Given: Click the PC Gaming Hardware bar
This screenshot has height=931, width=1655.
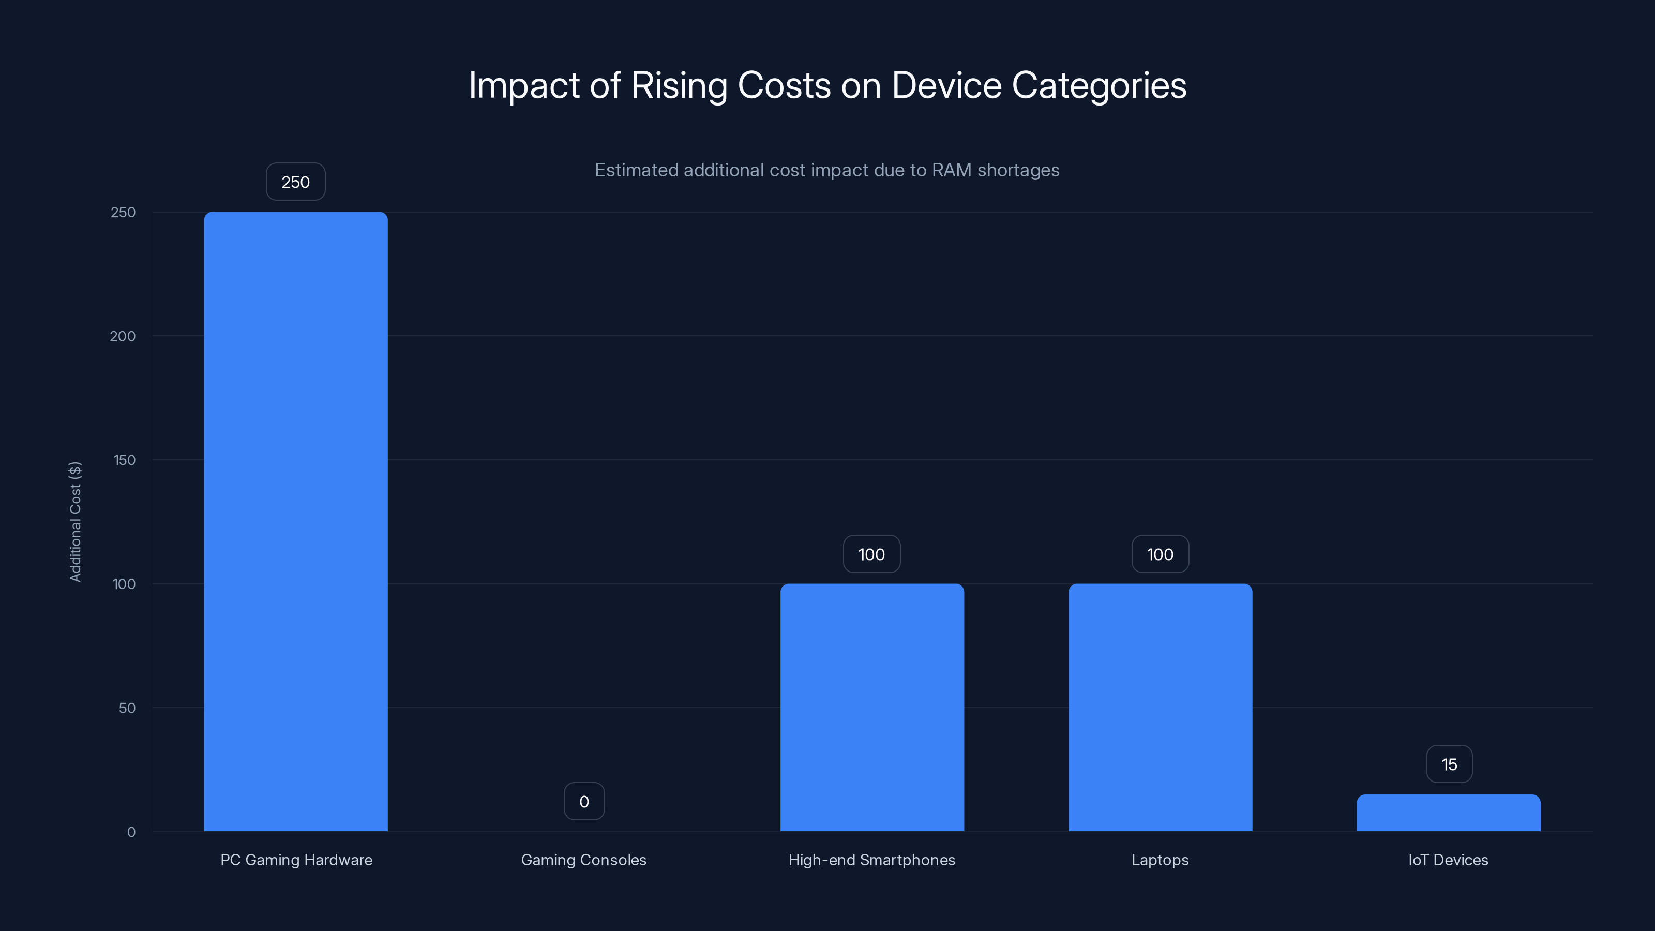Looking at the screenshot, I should coord(295,520).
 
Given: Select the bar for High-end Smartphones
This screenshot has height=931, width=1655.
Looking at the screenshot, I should coord(872,707).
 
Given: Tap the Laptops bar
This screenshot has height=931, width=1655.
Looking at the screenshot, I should coord(1160,707).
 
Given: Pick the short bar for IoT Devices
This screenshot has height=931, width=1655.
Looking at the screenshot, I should coord(1448,813).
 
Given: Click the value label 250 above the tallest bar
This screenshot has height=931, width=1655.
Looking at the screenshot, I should coord(295,182).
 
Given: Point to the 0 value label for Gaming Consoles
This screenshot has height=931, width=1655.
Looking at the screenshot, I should coord(584,801).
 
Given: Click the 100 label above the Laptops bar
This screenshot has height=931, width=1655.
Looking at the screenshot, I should coord(1160,554).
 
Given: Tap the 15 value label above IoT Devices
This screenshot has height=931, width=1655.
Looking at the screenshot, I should coord(1449,764).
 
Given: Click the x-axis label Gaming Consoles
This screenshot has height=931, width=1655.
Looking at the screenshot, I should coord(583,860).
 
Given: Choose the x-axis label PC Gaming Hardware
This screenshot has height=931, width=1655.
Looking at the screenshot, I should coord(296,860).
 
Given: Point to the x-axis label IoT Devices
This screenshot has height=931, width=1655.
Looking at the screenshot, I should coord(1448,860).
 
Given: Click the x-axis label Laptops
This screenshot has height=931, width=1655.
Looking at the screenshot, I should coord(1160,860).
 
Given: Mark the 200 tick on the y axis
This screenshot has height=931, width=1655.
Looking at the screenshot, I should coord(123,336).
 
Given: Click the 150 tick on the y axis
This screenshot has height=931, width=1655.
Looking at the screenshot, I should coord(124,460).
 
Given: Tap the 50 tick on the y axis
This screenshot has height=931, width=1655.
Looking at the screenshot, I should coord(127,708).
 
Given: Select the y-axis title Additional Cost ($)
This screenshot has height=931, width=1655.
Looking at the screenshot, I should coord(75,522).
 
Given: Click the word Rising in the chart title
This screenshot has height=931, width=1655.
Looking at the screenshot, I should coord(679,85).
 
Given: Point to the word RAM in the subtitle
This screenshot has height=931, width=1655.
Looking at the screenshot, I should coord(952,170).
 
